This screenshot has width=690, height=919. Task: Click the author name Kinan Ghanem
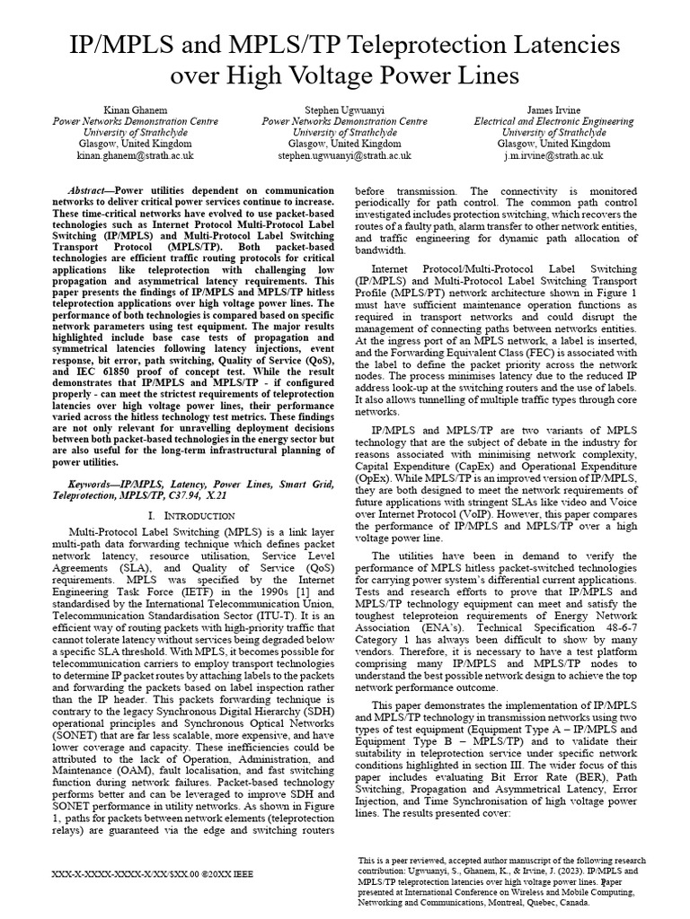tap(137, 108)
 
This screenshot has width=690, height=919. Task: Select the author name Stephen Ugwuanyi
tap(344, 108)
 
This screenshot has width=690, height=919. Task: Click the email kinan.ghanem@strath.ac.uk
tap(137, 155)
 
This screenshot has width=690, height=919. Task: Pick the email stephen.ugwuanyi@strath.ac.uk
tap(344, 155)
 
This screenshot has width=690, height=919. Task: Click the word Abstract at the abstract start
tap(91, 192)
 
